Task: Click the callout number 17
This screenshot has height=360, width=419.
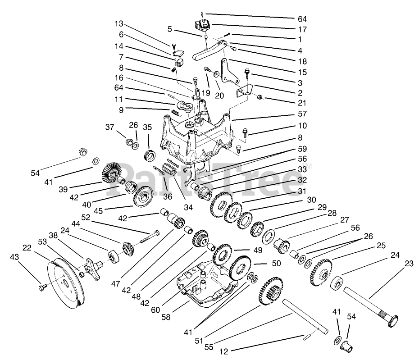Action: click(x=301, y=29)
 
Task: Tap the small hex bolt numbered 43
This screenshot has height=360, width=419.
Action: click(x=43, y=286)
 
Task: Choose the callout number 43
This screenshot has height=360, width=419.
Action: click(x=15, y=257)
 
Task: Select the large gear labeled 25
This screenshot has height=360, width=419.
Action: click(x=320, y=272)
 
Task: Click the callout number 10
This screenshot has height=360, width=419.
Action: click(x=301, y=126)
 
